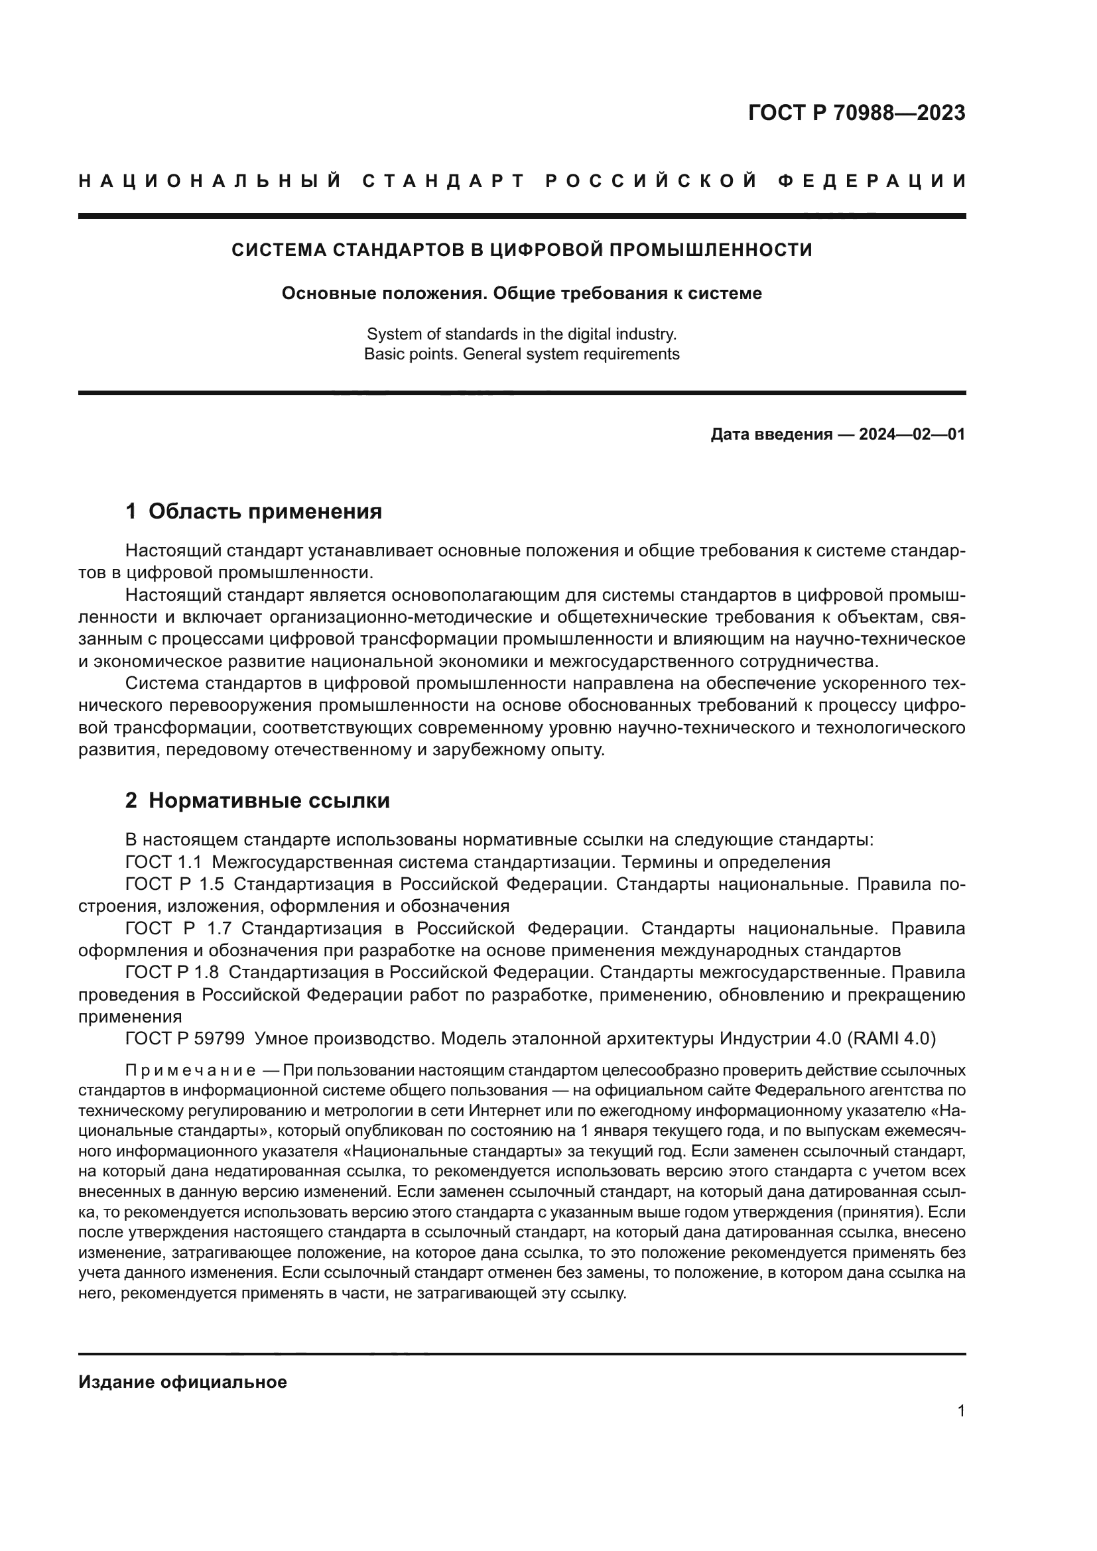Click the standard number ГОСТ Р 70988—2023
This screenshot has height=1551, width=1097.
click(856, 113)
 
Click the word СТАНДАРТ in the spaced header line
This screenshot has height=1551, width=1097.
click(444, 181)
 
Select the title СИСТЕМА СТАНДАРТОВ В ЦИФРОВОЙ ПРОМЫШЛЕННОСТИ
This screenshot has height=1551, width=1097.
click(521, 250)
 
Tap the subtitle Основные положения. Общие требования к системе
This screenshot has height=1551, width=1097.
click(521, 294)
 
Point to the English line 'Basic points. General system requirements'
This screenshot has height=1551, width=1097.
click(521, 354)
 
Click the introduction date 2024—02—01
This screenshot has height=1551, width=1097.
click(911, 434)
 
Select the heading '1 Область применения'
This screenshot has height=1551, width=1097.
click(253, 511)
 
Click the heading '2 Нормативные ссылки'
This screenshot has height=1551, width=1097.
click(257, 800)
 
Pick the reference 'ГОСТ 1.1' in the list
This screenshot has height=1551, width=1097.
click(163, 862)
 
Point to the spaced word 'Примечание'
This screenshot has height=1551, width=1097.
click(190, 1071)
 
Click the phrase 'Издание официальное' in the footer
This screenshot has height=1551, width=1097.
click(182, 1382)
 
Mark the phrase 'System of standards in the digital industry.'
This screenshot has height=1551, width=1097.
click(521, 334)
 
